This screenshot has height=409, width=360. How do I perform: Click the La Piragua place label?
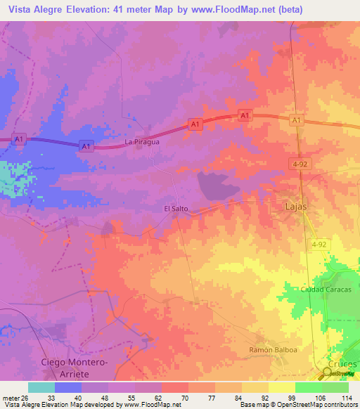coord(142,141)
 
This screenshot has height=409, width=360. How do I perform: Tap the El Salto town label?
coord(176,209)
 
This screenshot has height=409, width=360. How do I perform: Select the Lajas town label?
coord(296,207)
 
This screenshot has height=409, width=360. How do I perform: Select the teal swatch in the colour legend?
coord(41,387)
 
